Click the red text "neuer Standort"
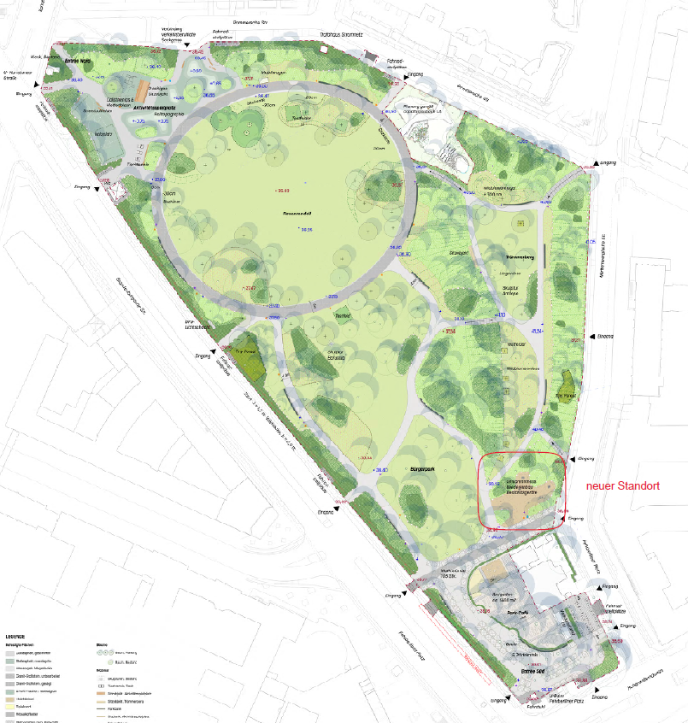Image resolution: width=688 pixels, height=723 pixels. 623,485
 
